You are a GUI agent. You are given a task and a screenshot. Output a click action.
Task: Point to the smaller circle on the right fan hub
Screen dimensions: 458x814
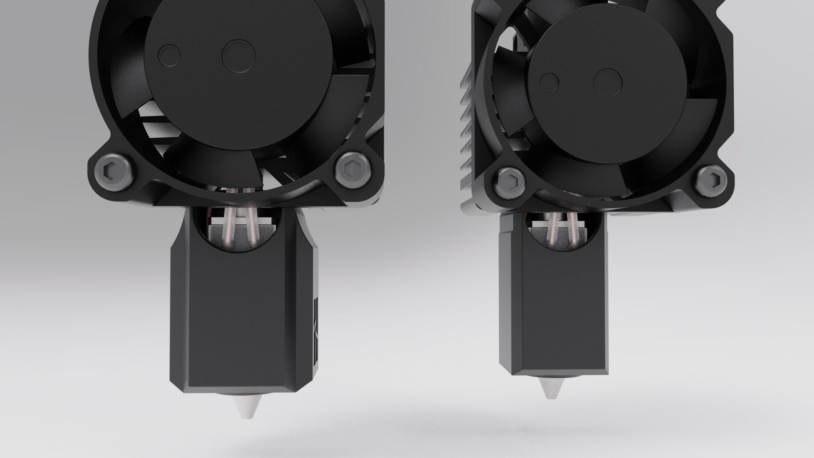coord(550,82)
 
